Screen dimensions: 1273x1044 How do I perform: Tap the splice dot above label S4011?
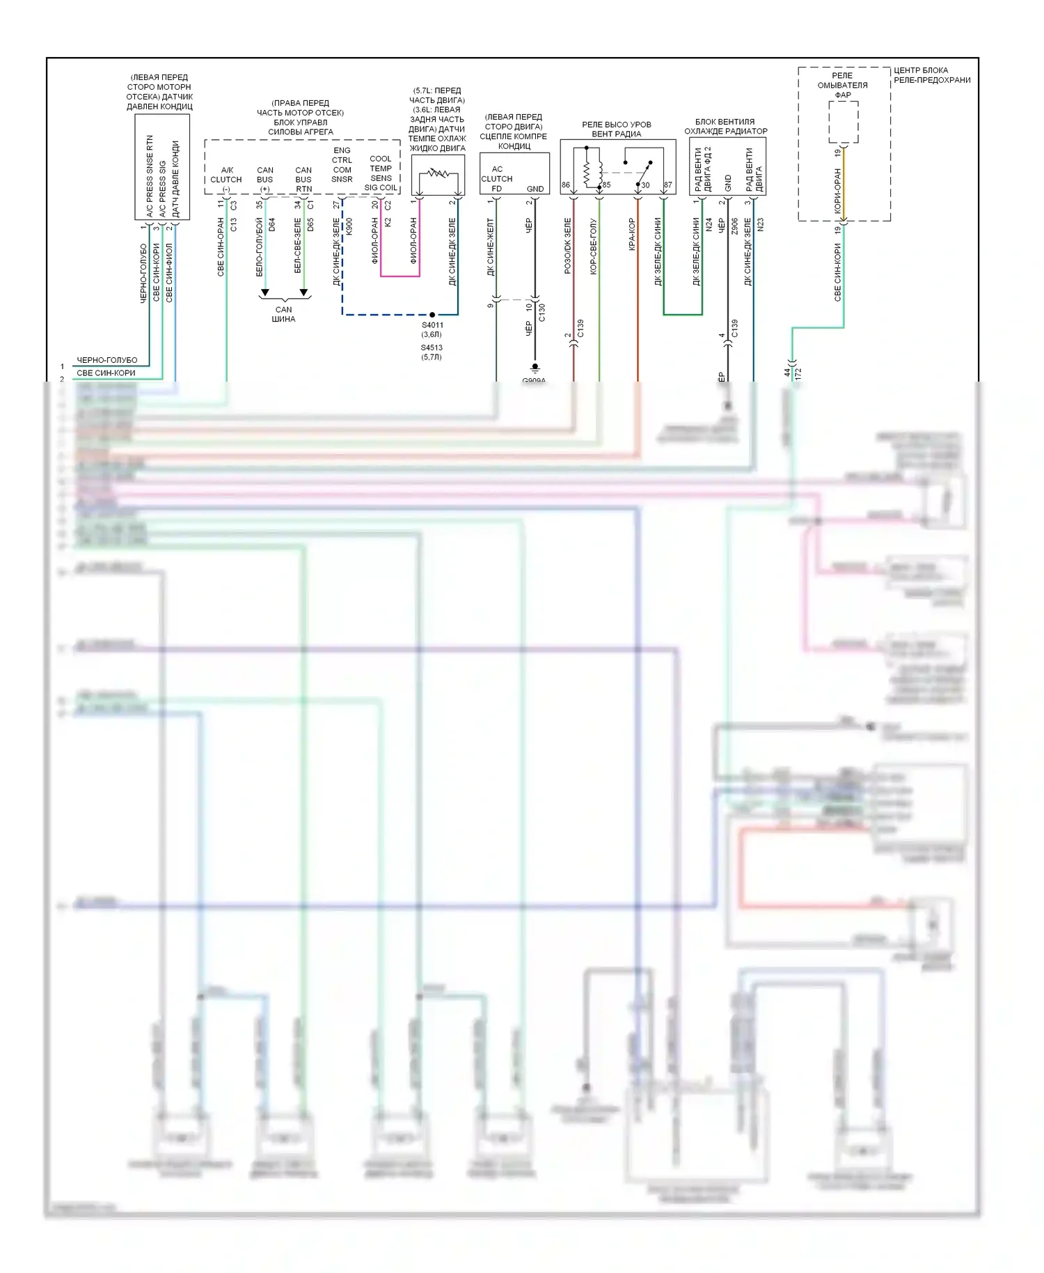point(432,315)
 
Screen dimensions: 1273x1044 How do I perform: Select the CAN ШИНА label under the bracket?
point(283,314)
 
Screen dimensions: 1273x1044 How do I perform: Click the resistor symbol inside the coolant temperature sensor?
point(438,173)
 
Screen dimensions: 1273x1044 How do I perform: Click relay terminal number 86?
point(566,185)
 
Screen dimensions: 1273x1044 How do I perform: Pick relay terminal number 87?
point(668,185)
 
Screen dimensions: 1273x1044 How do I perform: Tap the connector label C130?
point(542,313)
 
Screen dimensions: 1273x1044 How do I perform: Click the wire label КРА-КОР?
point(632,234)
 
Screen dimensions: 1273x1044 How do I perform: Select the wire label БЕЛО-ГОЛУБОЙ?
point(260,247)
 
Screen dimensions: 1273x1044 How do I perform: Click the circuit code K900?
point(349,226)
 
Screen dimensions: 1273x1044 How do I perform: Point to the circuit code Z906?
point(734,226)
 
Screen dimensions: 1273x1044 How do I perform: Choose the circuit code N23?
point(761,225)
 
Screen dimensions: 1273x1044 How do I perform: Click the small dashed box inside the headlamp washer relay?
point(843,122)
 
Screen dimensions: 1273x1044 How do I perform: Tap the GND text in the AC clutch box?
point(535,189)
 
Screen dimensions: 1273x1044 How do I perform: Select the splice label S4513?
point(432,347)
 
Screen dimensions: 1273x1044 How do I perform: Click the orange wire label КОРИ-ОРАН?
point(838,190)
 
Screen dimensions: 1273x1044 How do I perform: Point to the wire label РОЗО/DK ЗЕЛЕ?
point(568,246)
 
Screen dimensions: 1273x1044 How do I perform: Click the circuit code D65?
point(310,225)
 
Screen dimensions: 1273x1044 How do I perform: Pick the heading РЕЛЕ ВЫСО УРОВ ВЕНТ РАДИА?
point(617,129)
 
